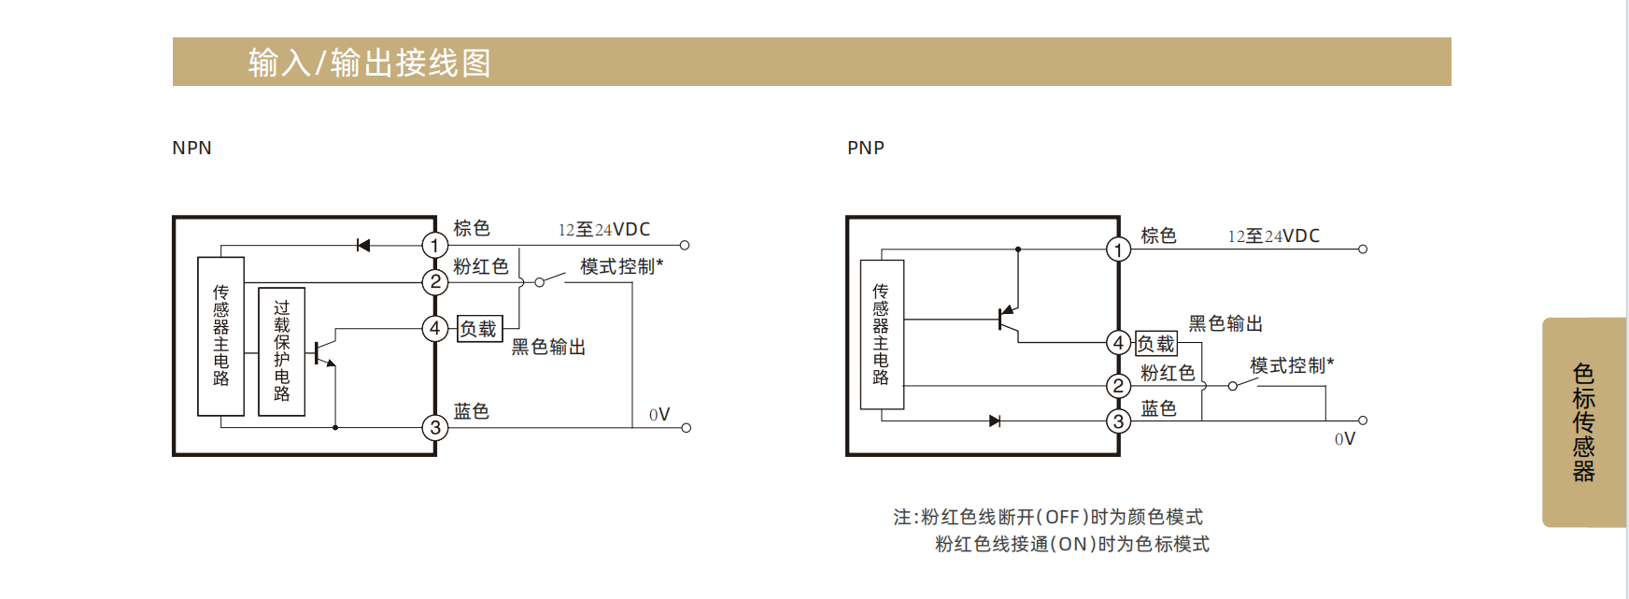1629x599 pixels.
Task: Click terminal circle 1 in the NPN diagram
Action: click(x=434, y=246)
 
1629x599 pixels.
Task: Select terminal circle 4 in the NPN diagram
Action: click(x=434, y=329)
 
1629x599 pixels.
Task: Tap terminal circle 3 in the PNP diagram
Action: click(x=1118, y=421)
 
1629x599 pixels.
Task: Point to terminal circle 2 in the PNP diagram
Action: click(x=1118, y=386)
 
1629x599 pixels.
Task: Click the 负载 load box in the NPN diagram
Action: click(x=479, y=329)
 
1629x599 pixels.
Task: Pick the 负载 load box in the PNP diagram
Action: click(x=1155, y=344)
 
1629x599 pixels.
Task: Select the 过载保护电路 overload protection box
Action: click(x=281, y=350)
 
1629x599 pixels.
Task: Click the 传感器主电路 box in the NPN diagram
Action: click(x=221, y=335)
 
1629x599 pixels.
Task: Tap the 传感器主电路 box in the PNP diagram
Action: click(x=881, y=334)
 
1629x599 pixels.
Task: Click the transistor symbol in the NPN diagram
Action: click(x=323, y=353)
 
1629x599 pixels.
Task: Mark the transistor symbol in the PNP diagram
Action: click(x=1007, y=319)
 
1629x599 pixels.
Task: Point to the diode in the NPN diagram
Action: click(x=363, y=246)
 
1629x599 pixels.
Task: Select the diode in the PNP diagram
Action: click(x=995, y=421)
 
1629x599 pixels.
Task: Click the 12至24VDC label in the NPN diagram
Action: click(x=603, y=230)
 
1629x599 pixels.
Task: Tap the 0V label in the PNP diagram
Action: click(x=1344, y=439)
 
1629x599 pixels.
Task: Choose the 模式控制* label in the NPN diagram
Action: click(x=621, y=267)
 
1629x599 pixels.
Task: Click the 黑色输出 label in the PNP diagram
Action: click(x=1225, y=324)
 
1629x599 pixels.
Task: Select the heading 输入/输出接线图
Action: click(x=370, y=63)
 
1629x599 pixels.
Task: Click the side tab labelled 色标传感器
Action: click(x=1583, y=422)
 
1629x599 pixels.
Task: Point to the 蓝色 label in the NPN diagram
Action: click(x=472, y=412)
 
